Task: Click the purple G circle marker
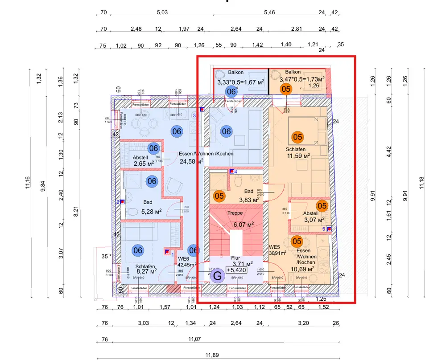(x=218, y=276)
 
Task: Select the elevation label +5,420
(x=235, y=270)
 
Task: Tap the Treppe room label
(x=235, y=213)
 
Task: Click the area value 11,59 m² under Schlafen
(x=299, y=156)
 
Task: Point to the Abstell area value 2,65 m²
(x=144, y=164)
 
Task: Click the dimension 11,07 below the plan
(x=194, y=340)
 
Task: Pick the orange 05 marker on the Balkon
(x=286, y=89)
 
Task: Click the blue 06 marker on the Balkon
(x=231, y=92)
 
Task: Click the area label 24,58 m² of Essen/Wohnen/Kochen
(x=191, y=161)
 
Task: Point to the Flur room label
(x=235, y=258)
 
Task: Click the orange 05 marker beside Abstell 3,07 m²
(x=322, y=206)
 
